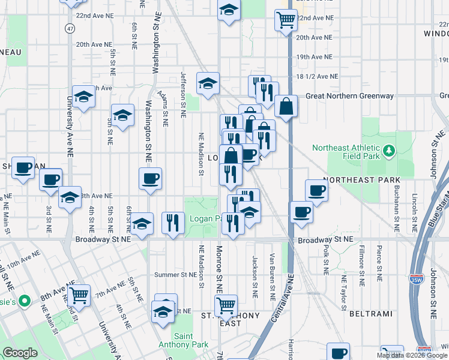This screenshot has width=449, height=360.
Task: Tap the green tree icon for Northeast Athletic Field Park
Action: pyautogui.click(x=389, y=149)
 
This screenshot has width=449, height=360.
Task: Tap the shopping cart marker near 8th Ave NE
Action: pyautogui.click(x=79, y=295)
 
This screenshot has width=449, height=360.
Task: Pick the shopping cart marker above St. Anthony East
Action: pyautogui.click(x=226, y=305)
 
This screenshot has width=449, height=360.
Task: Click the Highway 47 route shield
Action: pyautogui.click(x=71, y=28)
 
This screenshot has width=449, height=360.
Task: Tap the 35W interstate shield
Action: pyautogui.click(x=416, y=280)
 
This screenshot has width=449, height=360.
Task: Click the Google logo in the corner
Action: pyautogui.click(x=20, y=353)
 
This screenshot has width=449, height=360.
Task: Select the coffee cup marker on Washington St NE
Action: pyautogui.click(x=150, y=178)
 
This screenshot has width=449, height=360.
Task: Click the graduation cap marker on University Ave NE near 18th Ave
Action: pyautogui.click(x=84, y=96)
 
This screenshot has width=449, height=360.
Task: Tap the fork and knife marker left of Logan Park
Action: pyautogui.click(x=173, y=222)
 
